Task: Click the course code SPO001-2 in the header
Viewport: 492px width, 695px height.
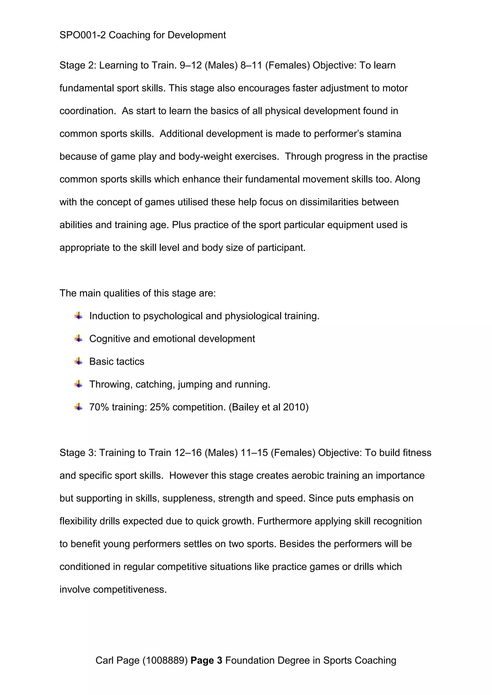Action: [x=82, y=35]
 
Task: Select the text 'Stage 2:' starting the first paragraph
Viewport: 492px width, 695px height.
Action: [x=78, y=65]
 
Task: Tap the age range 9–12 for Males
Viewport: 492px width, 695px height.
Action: [x=191, y=65]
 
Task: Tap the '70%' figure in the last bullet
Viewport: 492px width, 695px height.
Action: [x=99, y=407]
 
